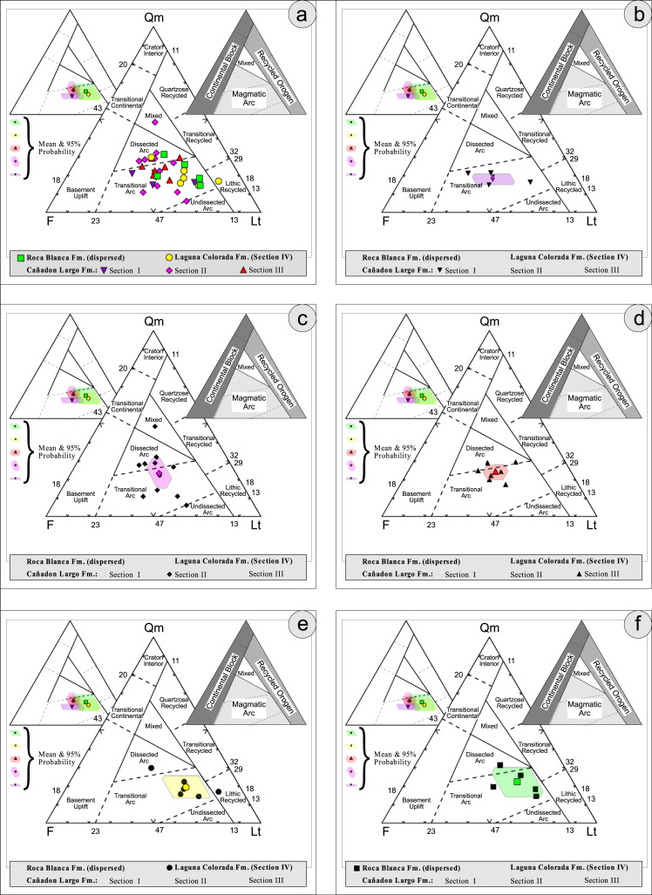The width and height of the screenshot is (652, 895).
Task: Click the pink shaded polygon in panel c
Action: (162, 476)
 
